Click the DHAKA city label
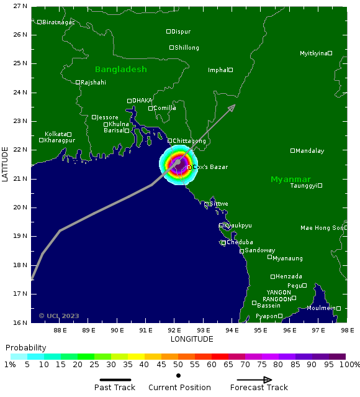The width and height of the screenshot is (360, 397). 142,101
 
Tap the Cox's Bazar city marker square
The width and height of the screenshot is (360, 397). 190,167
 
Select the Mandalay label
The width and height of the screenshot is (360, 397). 310,151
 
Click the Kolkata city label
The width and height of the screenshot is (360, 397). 55,134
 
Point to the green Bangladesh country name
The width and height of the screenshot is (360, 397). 120,69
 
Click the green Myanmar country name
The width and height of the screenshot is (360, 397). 290,180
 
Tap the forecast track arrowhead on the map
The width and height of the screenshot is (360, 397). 232,107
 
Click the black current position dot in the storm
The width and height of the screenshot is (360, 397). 177,163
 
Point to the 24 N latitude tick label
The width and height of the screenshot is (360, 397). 20,93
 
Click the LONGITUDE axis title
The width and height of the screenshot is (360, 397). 192,339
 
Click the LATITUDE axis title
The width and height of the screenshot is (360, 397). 6,164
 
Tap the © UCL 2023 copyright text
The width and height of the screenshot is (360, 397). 59,316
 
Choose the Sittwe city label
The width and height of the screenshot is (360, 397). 219,204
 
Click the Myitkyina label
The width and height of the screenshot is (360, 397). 313,53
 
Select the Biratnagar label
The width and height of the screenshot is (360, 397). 58,22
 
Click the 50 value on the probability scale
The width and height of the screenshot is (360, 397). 178,365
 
